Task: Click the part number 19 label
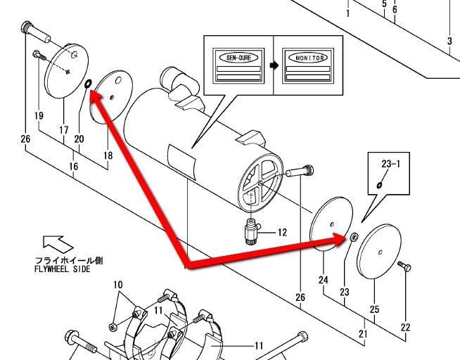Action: pos(38,115)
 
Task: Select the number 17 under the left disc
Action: pos(63,130)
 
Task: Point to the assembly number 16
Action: pos(73,166)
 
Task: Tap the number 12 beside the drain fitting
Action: pos(282,232)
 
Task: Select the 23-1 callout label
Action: pos(390,163)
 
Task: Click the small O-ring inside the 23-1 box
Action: pos(380,184)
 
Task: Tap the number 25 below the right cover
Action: pos(374,310)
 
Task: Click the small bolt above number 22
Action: pos(404,268)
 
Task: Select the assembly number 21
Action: pos(363,334)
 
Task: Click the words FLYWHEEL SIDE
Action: pos(62,269)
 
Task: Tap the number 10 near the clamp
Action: pos(117,285)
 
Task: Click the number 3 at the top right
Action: pos(449,41)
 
